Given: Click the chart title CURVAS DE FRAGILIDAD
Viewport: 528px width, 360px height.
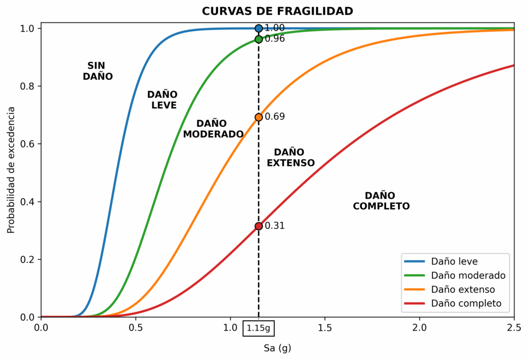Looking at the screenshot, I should (277, 11).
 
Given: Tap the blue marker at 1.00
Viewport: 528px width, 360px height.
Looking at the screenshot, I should (258, 28).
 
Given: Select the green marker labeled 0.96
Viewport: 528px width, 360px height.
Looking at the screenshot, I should (258, 39).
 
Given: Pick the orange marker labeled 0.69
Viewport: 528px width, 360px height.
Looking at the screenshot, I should (258, 117).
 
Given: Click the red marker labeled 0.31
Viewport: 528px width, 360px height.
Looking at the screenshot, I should (258, 226).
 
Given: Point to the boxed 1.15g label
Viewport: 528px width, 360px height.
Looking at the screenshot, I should (258, 328).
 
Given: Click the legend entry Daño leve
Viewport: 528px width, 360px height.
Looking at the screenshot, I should (454, 261).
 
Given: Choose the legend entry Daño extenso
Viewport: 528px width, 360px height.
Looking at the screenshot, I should (463, 289).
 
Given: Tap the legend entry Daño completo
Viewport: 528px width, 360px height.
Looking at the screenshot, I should (466, 303).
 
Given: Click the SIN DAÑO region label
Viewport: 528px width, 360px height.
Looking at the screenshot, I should (97, 71).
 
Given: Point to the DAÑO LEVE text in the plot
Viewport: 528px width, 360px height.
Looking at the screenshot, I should (162, 100).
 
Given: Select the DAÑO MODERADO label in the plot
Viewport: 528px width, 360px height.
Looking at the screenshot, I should (213, 129).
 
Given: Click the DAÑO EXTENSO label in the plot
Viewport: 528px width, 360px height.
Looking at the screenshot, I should (290, 157).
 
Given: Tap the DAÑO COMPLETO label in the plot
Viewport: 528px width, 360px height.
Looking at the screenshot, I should (381, 201).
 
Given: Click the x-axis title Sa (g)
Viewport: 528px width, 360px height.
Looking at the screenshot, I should (277, 348).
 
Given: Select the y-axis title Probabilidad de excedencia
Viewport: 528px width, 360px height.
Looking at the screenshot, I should (11, 170).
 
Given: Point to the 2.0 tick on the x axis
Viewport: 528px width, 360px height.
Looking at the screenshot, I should (419, 328).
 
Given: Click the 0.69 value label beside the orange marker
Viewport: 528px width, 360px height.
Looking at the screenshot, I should (275, 117).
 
